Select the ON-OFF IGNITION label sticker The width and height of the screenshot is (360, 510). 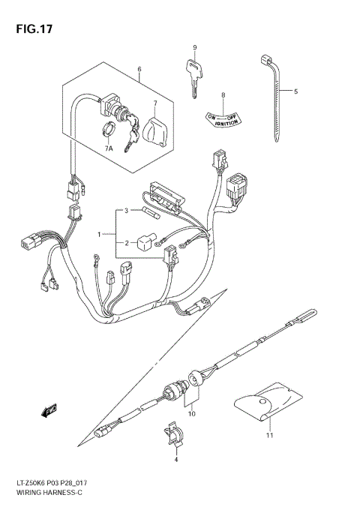pos(223,118)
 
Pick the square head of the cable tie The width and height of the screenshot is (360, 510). pos(267,60)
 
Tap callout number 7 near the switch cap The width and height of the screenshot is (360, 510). pos(155,103)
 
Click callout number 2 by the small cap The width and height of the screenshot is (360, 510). pos(127,242)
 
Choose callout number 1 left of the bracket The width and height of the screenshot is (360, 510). pos(97,235)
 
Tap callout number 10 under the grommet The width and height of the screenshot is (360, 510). pos(192,413)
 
